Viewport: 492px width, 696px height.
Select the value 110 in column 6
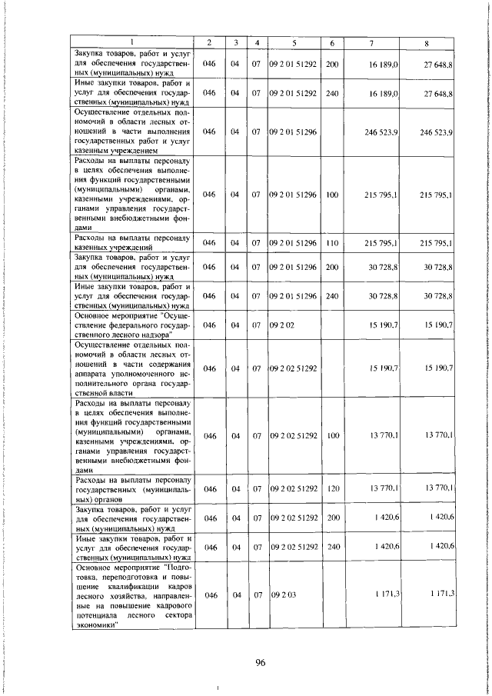click(331, 243)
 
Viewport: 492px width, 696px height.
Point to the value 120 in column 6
click(331, 489)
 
